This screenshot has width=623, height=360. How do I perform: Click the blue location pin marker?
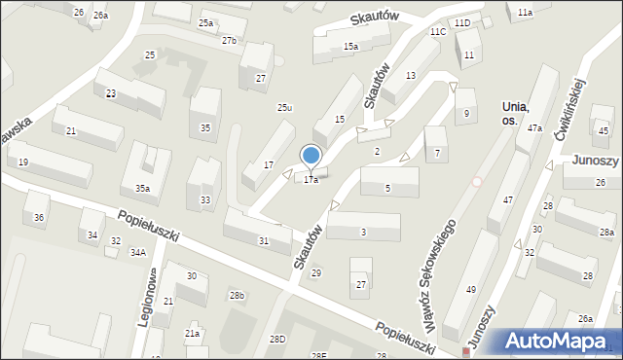tap(311, 155)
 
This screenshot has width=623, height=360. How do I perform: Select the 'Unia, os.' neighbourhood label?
tap(516, 113)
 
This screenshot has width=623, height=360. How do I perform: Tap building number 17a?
tap(311, 180)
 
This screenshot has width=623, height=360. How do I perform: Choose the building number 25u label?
tap(284, 108)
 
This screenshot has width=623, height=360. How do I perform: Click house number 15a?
tap(350, 46)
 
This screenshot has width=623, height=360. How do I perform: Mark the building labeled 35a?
tap(142, 189)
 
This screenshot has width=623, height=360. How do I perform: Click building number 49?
tap(471, 290)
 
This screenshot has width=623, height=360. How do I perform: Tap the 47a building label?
tap(534, 128)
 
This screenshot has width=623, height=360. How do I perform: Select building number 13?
tap(411, 75)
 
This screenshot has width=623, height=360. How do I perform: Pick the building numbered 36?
tap(39, 217)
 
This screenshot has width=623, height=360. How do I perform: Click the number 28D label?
tap(278, 339)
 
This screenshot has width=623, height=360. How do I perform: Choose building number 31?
tap(263, 240)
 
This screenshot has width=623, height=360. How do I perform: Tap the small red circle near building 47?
tap(477, 181)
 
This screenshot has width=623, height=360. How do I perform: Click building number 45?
tap(604, 131)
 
